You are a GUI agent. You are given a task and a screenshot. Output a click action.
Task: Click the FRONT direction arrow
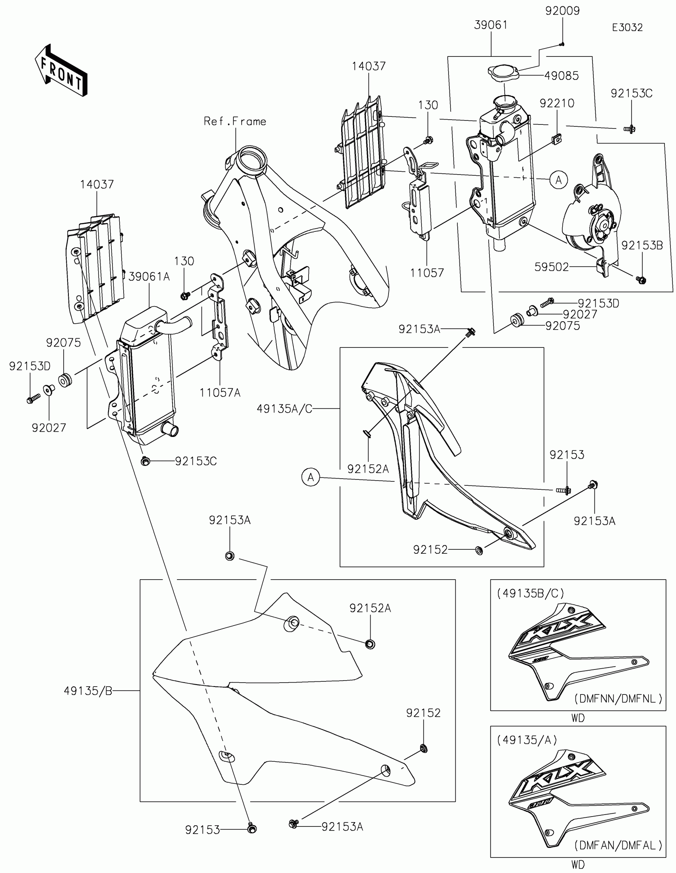click(x=61, y=70)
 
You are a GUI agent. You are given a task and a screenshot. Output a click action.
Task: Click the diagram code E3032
click(x=627, y=27)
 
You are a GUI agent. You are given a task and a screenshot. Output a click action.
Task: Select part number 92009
click(x=562, y=11)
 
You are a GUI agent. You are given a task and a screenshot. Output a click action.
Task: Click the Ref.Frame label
click(x=235, y=121)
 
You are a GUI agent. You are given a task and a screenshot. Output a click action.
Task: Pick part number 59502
click(x=551, y=267)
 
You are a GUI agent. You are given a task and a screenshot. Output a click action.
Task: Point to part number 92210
click(x=557, y=103)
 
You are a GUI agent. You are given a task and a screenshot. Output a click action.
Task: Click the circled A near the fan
click(x=558, y=180)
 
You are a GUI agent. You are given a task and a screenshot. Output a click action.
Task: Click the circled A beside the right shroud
click(x=311, y=477)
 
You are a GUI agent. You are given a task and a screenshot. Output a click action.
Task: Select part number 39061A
click(x=149, y=276)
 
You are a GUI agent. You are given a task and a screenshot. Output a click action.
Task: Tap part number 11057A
click(x=220, y=393)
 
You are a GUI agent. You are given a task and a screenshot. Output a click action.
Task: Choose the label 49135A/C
click(x=284, y=409)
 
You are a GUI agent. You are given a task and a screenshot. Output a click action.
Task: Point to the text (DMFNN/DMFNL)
click(x=618, y=698)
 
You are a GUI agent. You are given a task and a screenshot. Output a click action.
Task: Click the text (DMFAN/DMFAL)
click(x=618, y=846)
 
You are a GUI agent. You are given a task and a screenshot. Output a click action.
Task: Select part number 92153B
click(x=642, y=245)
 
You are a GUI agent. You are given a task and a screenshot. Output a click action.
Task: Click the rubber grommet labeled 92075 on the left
click(x=65, y=379)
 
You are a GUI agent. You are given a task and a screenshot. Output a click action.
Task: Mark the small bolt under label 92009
click(x=562, y=45)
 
